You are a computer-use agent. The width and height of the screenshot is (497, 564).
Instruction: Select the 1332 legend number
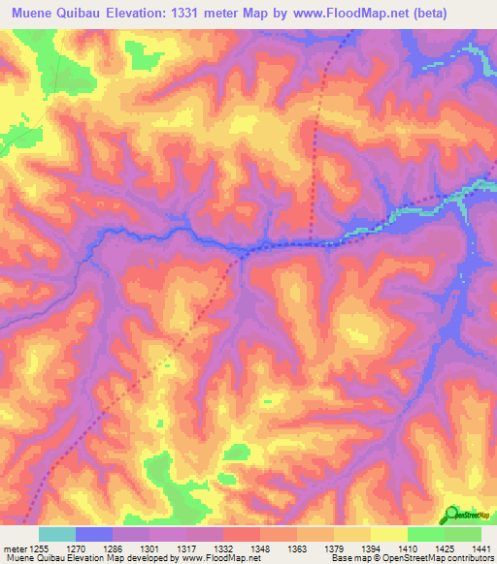tap(224, 548)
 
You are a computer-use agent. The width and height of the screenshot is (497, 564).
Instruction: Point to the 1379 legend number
tap(333, 548)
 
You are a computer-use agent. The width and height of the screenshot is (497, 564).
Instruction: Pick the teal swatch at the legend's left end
tap(57, 534)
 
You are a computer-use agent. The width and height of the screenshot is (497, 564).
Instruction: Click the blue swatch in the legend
tap(94, 534)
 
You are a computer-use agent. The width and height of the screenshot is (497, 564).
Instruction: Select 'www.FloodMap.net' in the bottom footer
tap(220, 558)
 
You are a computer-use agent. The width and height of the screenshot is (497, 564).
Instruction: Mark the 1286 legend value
tap(114, 548)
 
